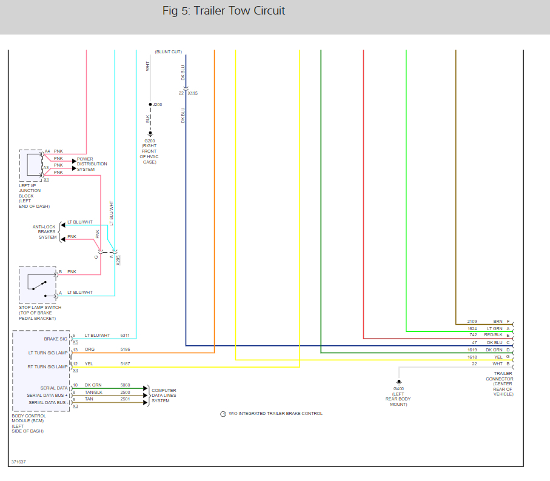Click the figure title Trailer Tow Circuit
[x=224, y=11]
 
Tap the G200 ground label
[x=149, y=141]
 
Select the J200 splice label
[x=157, y=105]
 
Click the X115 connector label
[x=192, y=93]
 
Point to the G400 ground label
[x=398, y=388]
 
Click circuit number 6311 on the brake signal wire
[x=125, y=335]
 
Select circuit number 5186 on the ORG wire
[x=125, y=350]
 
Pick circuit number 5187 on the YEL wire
[x=125, y=364]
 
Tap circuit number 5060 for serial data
[x=125, y=385]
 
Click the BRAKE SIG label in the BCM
[x=56, y=339]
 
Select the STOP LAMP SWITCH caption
[x=40, y=308]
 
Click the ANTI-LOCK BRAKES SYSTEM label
[x=44, y=232]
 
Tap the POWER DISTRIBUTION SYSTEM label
[x=92, y=164]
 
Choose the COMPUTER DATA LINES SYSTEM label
[x=164, y=395]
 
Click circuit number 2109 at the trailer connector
[x=472, y=321]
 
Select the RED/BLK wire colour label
[x=492, y=335]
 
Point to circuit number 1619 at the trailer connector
[x=472, y=350]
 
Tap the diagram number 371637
[x=18, y=462]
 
